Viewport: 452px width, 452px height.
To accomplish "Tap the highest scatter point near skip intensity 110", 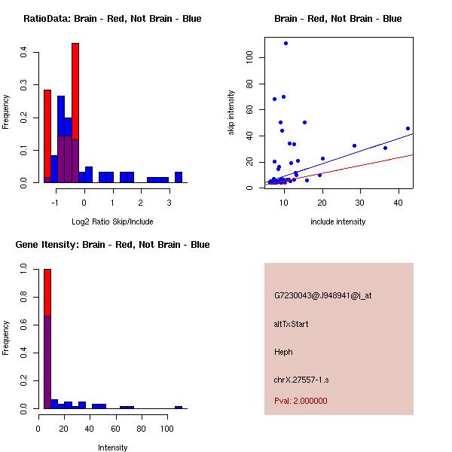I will click(x=286, y=43).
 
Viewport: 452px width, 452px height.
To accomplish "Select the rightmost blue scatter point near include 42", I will click(x=408, y=128).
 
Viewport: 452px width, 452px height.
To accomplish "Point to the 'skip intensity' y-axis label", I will click(x=231, y=113).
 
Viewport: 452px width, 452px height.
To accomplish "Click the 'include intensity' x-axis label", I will click(x=337, y=221).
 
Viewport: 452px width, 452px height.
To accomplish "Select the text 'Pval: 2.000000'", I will click(x=301, y=401).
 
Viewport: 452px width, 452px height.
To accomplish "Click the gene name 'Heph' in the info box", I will click(x=283, y=352).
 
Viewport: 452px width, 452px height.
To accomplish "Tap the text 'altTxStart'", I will click(x=291, y=324).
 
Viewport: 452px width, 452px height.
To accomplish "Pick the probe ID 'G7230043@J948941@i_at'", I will click(x=322, y=295).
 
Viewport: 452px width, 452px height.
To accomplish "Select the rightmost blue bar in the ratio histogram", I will click(x=179, y=178).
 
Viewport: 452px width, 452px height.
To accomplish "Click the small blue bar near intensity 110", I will click(x=179, y=407).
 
